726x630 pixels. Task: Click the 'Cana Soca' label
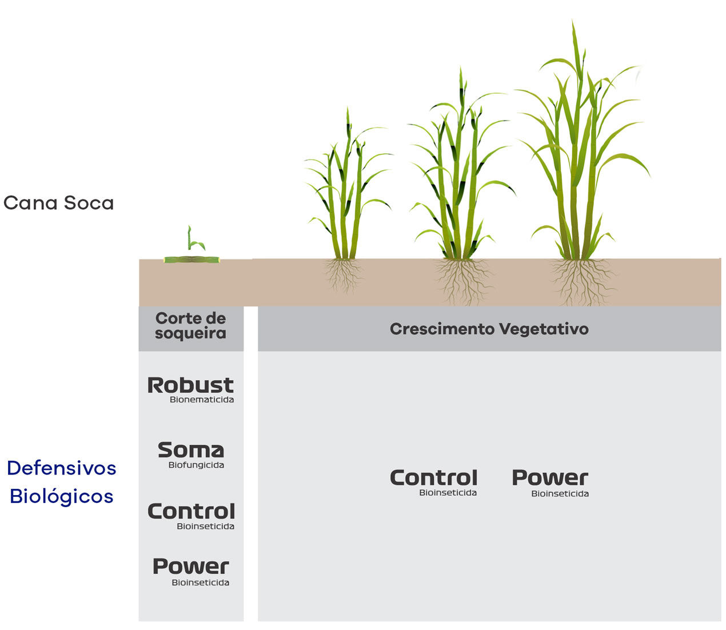tap(59, 203)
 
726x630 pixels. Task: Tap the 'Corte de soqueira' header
tap(190, 326)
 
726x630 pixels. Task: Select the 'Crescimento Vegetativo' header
tap(489, 329)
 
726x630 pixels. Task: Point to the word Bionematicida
tap(202, 400)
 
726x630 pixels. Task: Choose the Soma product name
tap(190, 450)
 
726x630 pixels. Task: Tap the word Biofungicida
tap(196, 465)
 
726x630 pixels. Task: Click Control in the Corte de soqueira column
tap(191, 511)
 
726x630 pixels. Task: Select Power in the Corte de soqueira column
tap(190, 567)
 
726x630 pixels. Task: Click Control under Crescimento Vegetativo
tap(433, 477)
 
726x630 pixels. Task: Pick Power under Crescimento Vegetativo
tap(550, 477)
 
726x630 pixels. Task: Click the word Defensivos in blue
tap(62, 468)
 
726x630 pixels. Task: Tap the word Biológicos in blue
tap(62, 496)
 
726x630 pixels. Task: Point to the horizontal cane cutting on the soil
tap(192, 260)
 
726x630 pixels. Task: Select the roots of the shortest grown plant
tap(343, 274)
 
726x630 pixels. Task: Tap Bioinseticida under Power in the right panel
tap(560, 494)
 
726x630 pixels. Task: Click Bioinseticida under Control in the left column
tap(205, 527)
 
